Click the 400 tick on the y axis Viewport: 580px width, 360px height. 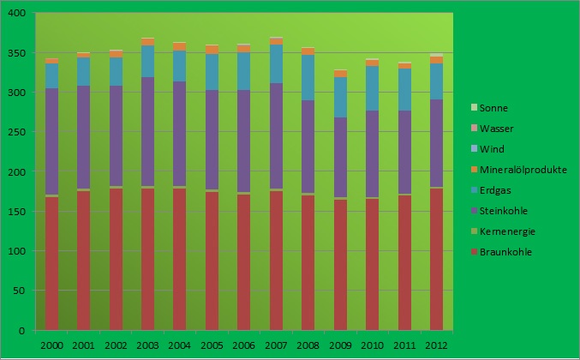pyautogui.click(x=17, y=14)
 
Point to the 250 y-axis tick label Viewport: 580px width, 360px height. pyautogui.click(x=17, y=133)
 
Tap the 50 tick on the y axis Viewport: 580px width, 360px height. pyautogui.click(x=20, y=291)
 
